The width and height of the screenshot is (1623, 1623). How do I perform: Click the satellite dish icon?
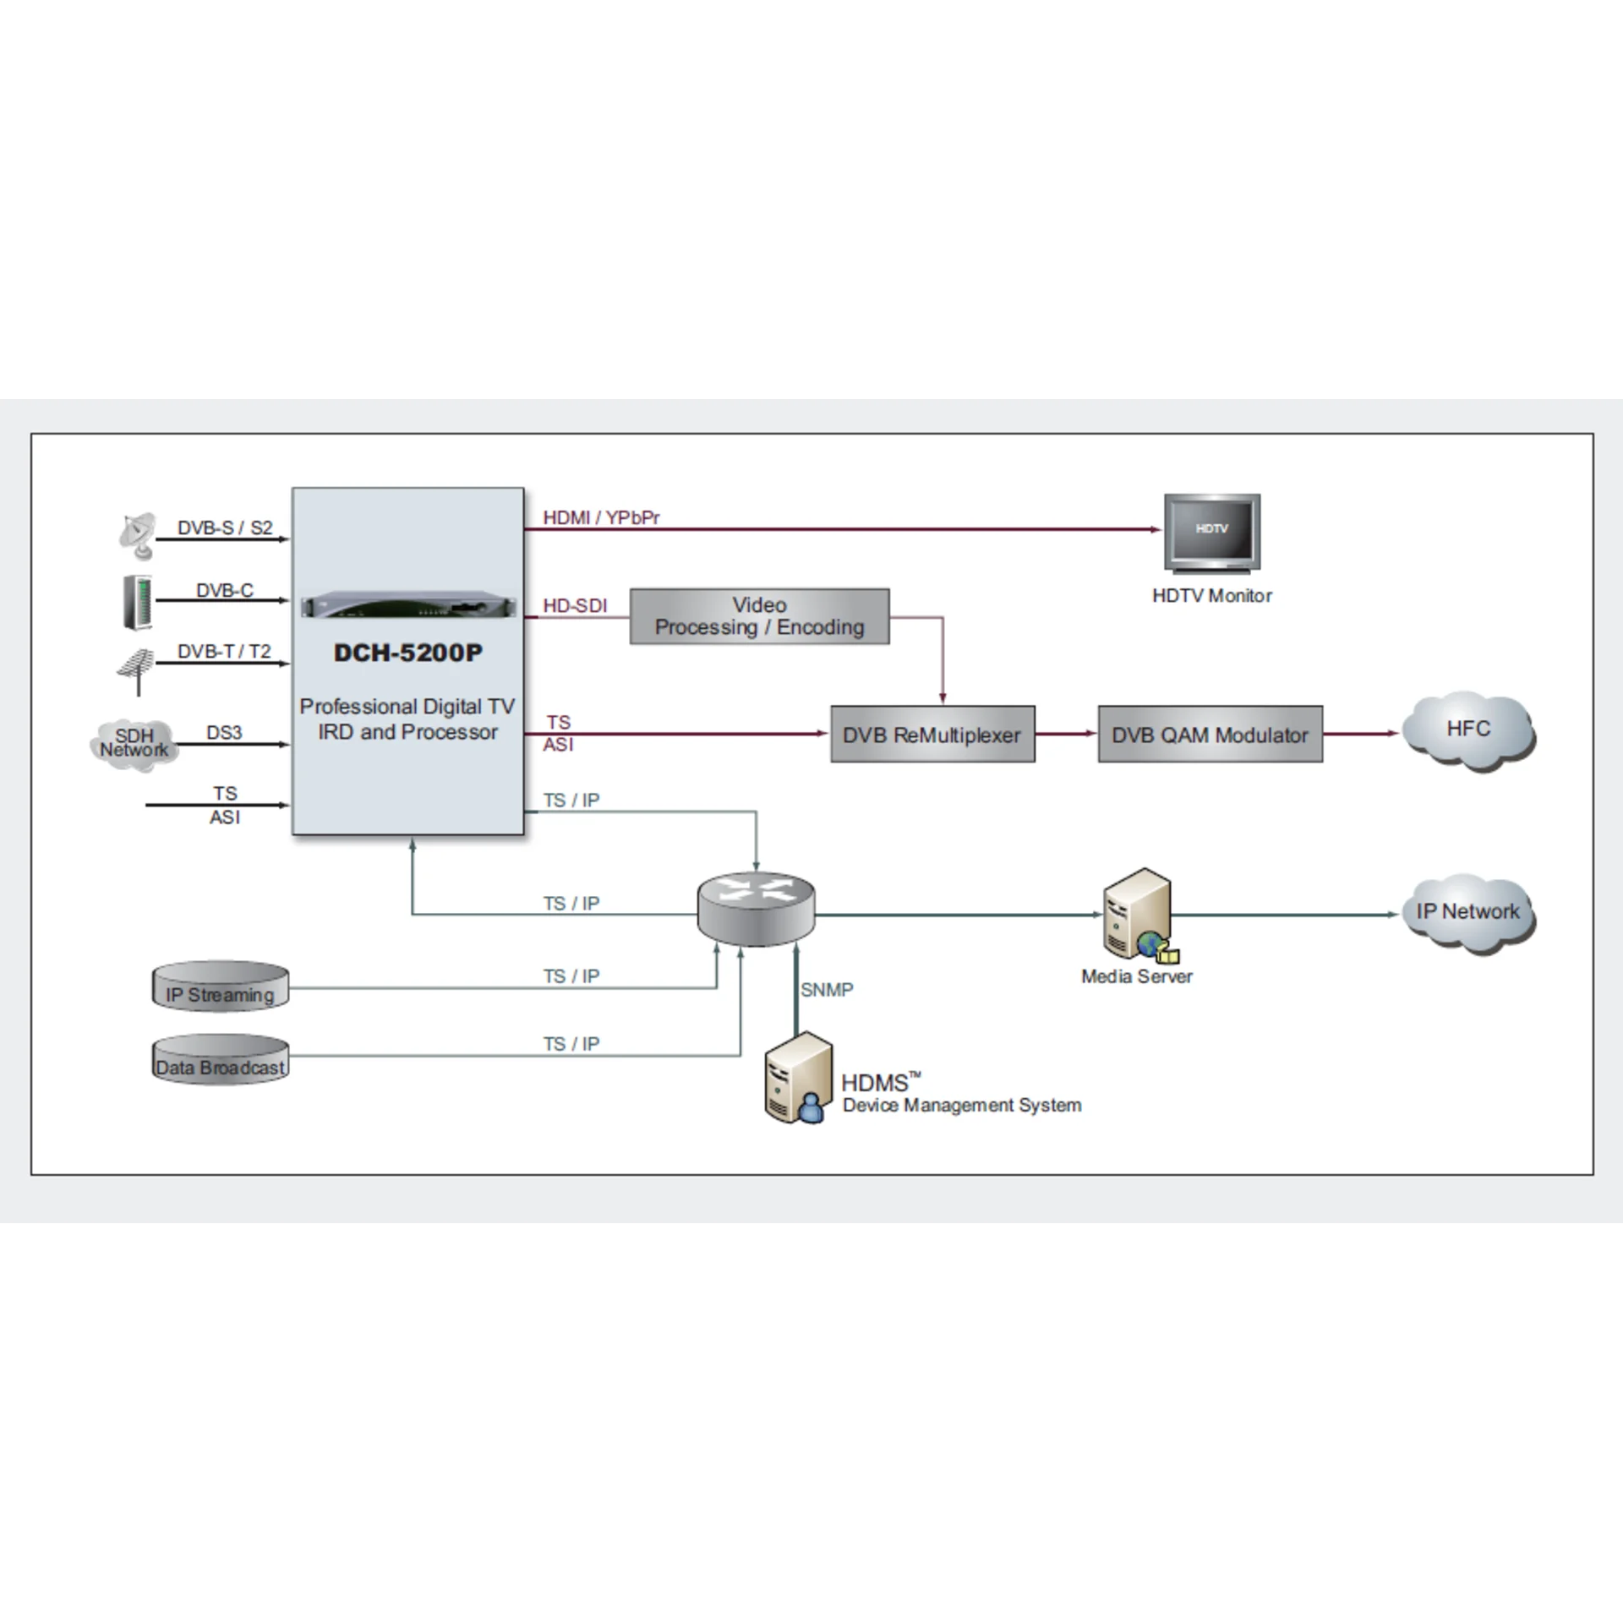[x=138, y=536]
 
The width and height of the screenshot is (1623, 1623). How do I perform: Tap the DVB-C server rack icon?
[x=138, y=602]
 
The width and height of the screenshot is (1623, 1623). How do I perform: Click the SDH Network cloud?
[x=134, y=744]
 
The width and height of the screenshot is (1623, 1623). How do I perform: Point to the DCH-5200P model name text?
[x=408, y=653]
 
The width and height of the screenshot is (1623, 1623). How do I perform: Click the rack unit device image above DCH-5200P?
[x=408, y=605]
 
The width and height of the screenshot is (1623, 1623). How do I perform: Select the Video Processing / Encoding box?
[x=759, y=616]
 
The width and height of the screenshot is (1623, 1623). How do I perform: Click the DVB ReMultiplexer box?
[x=932, y=734]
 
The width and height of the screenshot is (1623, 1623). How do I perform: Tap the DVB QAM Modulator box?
[x=1210, y=734]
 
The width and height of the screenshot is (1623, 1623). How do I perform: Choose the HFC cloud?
[x=1468, y=731]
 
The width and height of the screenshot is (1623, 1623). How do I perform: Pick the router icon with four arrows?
[x=756, y=909]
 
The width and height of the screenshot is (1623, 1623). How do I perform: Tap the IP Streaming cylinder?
[x=221, y=986]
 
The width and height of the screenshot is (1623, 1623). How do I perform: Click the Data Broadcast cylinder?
[x=221, y=1059]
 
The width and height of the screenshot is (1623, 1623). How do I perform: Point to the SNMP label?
[x=827, y=990]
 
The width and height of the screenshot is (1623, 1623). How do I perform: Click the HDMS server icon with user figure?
[x=797, y=1078]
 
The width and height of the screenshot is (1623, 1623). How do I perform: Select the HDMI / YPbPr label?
[x=601, y=517]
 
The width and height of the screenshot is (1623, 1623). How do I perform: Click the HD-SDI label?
[x=575, y=606]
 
